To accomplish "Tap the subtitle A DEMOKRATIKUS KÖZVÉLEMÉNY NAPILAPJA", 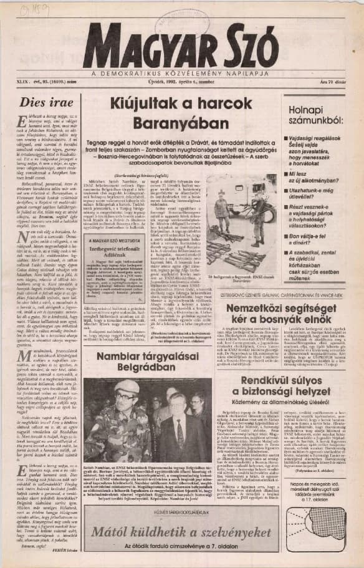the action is [x=181, y=73].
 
